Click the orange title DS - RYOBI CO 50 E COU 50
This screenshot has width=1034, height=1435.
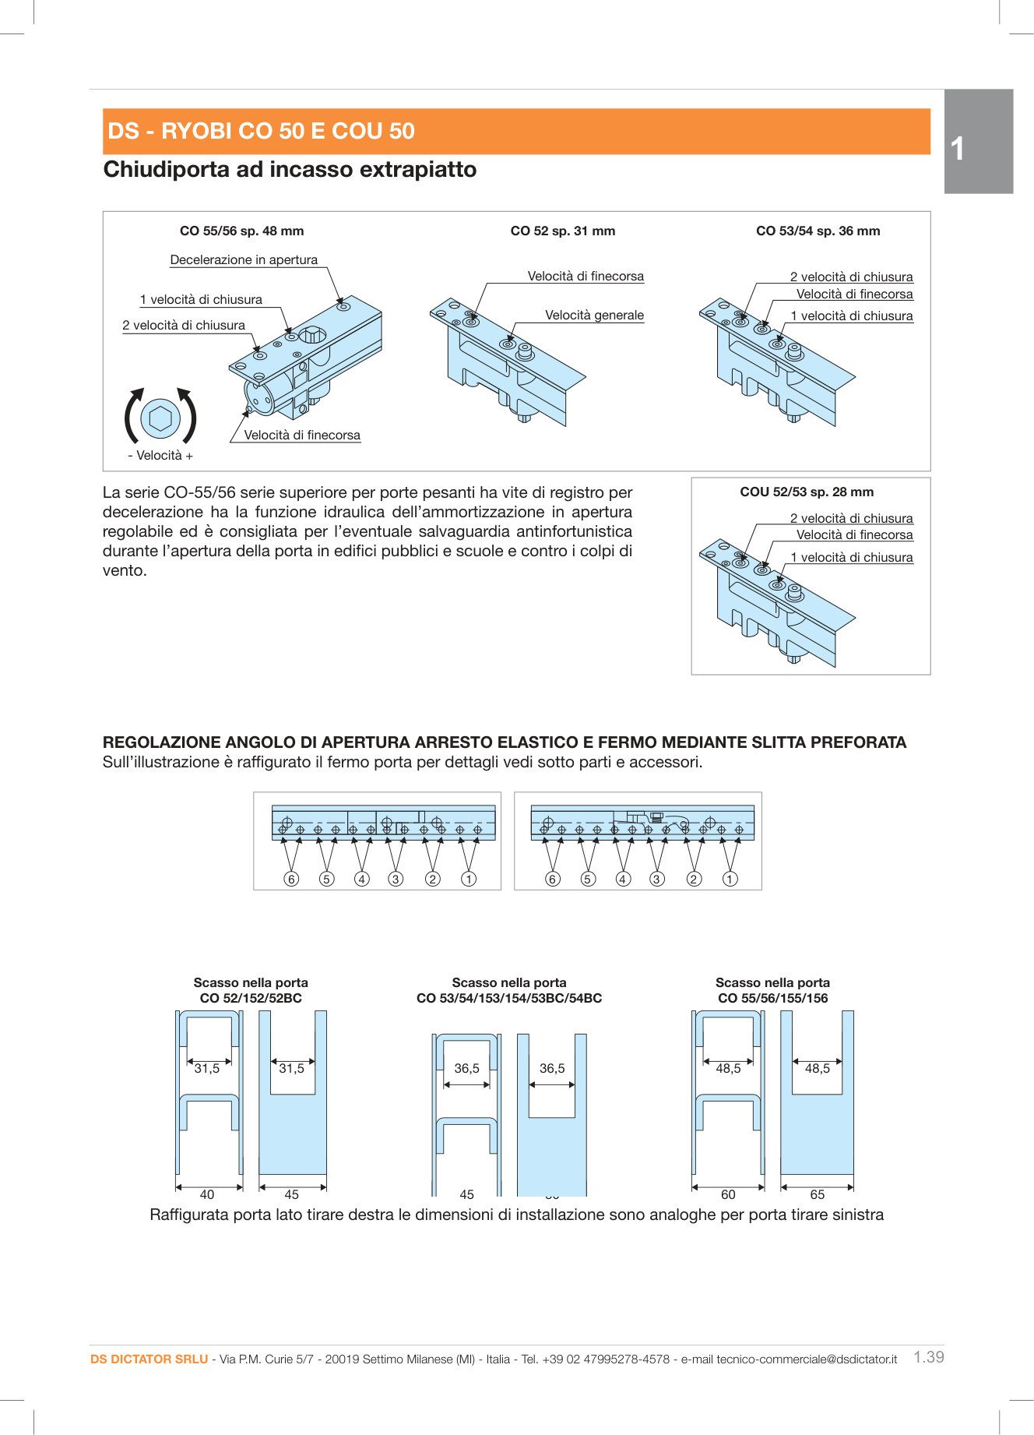[x=261, y=131]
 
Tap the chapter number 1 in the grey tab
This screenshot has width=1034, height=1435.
[x=958, y=149]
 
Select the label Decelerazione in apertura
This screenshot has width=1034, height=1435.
[x=244, y=260]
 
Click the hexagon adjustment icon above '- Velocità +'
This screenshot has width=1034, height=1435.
[x=160, y=418]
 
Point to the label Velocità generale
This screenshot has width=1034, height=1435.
[x=594, y=316]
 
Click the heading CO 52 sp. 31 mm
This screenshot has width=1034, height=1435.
[x=562, y=231]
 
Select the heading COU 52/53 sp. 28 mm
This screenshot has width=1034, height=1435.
[x=807, y=492]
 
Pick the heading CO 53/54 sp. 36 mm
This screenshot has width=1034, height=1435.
[x=818, y=231]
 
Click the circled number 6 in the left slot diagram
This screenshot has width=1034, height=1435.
[x=291, y=880]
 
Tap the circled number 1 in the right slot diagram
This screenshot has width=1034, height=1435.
[x=730, y=880]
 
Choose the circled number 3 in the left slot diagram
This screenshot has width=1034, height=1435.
[x=396, y=880]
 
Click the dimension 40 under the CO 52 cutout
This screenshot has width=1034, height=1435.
[x=207, y=1194]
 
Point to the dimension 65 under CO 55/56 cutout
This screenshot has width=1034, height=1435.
[x=817, y=1194]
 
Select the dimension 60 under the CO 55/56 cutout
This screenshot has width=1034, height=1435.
[x=728, y=1194]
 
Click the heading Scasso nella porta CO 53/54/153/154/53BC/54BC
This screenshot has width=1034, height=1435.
[x=509, y=991]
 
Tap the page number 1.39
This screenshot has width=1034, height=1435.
[x=928, y=1357]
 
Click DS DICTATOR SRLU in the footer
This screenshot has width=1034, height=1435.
[x=149, y=1359]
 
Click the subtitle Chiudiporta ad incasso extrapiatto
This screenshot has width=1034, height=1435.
[x=290, y=170]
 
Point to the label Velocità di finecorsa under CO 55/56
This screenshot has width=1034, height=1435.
[x=302, y=435]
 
